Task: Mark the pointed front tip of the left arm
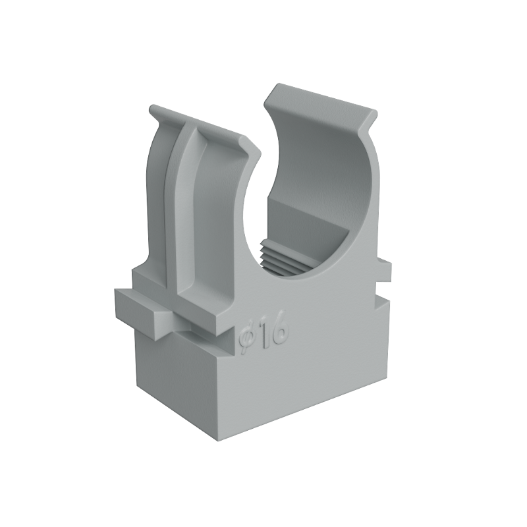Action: click(261, 155)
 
